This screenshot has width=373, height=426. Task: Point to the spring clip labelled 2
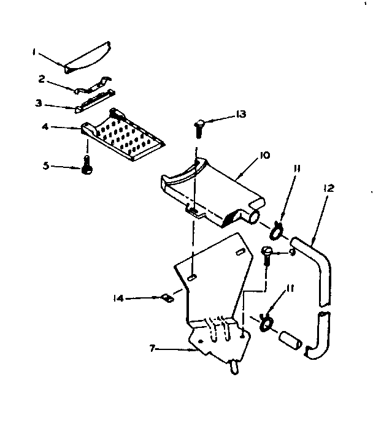pyautogui.click(x=92, y=85)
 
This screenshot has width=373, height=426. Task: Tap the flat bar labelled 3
pyautogui.click(x=94, y=101)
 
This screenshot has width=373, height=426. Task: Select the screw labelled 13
pyautogui.click(x=198, y=126)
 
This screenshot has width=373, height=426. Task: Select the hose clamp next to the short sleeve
pyautogui.click(x=266, y=321)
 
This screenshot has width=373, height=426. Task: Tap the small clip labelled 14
pyautogui.click(x=165, y=299)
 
